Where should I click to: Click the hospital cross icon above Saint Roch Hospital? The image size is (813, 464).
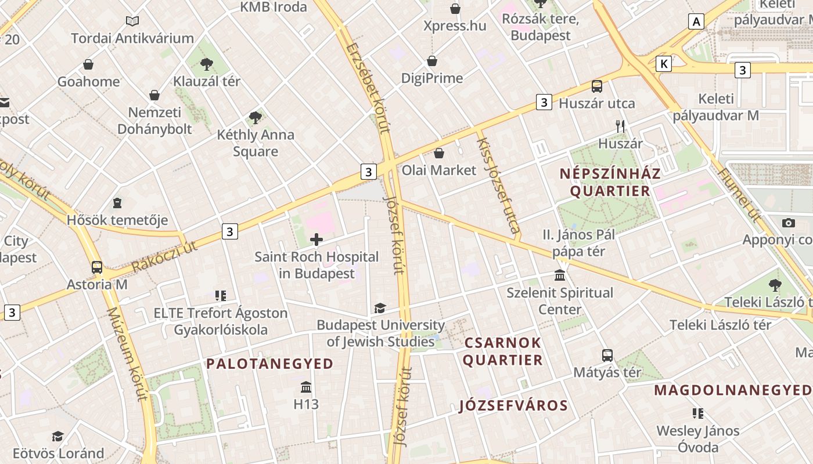point(316,239)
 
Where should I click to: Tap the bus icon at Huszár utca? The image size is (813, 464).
point(596,86)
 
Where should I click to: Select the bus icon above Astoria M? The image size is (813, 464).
point(97,267)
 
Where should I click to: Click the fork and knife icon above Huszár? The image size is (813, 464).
point(620,126)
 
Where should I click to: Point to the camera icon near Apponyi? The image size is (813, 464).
point(788,223)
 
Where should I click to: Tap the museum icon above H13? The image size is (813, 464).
point(306,387)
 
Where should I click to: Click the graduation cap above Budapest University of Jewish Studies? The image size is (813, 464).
point(380,308)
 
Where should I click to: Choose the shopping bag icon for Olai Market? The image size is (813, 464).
point(439,153)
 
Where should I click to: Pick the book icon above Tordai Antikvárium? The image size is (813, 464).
point(132,21)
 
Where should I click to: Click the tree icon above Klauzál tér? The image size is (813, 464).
point(206,64)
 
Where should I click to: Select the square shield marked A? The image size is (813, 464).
point(696,22)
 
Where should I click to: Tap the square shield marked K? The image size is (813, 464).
point(664,64)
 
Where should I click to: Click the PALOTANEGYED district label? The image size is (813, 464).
point(270,364)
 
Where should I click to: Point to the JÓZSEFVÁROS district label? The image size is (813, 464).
point(513,405)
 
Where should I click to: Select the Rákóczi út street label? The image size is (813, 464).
point(164,257)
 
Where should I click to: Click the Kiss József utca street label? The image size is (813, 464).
point(498,185)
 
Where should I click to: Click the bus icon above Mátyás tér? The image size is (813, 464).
point(607,355)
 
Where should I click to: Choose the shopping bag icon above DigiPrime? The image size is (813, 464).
point(432,61)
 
